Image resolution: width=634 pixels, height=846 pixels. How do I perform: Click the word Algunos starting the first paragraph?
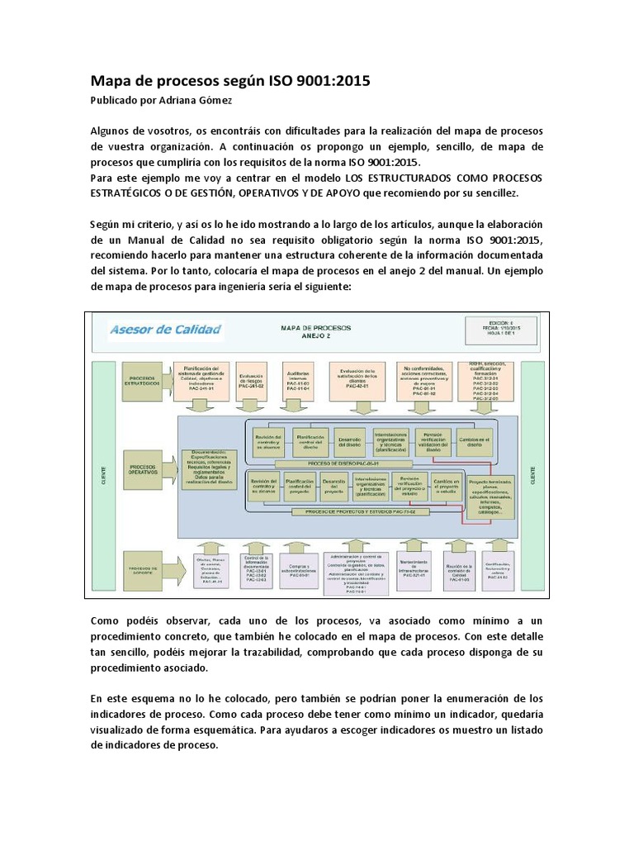tap(112, 132)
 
